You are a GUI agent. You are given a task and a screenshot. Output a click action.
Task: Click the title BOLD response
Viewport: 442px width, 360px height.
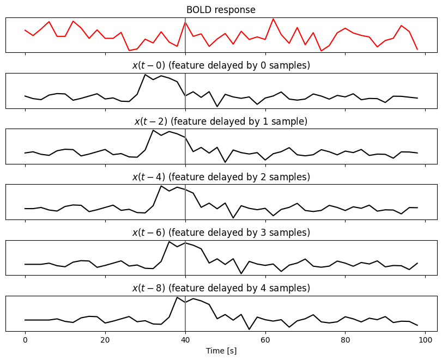pyautogui.click(x=221, y=10)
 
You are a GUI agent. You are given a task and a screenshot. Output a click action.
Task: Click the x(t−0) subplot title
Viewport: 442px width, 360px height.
pyautogui.click(x=221, y=65)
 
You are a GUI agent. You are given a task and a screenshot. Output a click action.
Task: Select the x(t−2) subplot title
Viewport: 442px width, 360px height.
pyautogui.click(x=221, y=121)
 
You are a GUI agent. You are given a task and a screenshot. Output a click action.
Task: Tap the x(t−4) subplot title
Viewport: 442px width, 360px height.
pyautogui.click(x=221, y=177)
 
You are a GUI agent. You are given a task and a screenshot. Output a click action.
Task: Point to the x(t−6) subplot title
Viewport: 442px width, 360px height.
pyautogui.click(x=221, y=233)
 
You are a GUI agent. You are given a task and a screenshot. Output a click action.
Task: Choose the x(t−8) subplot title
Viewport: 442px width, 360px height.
pyautogui.click(x=221, y=288)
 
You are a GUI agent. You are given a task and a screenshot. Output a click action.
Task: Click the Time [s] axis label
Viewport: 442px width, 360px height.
pyautogui.click(x=221, y=351)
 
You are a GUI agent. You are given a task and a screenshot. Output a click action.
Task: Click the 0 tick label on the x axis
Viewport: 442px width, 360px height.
pyautogui.click(x=25, y=339)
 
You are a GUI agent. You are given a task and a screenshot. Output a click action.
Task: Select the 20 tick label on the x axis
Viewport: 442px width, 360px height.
pyautogui.click(x=105, y=339)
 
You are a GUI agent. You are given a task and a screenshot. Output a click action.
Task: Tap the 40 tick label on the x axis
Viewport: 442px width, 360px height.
pyautogui.click(x=185, y=339)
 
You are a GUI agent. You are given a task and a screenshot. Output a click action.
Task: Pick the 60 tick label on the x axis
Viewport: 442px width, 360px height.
pyautogui.click(x=265, y=339)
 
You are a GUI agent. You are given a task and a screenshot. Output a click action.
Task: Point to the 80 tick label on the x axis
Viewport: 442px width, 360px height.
pyautogui.click(x=346, y=339)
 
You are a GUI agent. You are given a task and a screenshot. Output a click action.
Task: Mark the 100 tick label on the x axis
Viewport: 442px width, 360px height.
pyautogui.click(x=426, y=339)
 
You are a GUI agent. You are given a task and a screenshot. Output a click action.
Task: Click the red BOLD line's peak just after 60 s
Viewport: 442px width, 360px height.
pyautogui.click(x=273, y=19)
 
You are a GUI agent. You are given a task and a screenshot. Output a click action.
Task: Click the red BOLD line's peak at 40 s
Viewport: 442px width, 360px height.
pyautogui.click(x=185, y=22)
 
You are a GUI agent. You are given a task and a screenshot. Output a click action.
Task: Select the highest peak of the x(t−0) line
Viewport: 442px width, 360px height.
pyautogui.click(x=145, y=75)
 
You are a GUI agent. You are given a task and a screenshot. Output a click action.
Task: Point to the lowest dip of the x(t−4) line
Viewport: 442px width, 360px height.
pyautogui.click(x=233, y=218)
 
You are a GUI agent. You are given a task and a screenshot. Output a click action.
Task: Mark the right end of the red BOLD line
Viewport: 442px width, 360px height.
pyautogui.click(x=417, y=50)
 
